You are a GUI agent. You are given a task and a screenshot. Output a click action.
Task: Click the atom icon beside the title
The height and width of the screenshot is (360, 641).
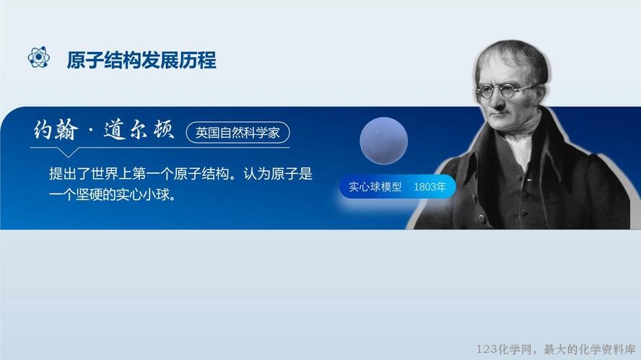tap(39, 58)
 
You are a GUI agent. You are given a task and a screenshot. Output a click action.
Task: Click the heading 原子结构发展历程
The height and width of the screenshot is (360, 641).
tap(141, 60)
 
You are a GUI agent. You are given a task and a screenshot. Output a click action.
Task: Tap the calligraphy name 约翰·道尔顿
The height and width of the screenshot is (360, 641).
tap(104, 130)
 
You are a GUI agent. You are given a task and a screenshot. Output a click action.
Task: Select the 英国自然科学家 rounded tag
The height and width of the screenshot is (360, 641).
tap(237, 133)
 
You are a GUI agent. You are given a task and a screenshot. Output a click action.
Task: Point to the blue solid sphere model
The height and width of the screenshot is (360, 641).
tap(383, 141)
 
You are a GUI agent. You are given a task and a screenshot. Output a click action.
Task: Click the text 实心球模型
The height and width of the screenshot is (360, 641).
tap(375, 187)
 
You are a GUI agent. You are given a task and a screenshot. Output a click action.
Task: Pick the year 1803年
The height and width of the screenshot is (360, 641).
tap(429, 187)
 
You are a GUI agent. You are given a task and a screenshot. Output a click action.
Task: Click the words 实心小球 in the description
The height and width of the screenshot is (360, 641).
tap(142, 195)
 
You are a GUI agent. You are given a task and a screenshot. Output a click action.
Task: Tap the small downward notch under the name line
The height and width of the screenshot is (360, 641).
tap(68, 152)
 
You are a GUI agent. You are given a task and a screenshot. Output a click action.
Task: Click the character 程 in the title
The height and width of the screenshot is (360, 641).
tap(207, 60)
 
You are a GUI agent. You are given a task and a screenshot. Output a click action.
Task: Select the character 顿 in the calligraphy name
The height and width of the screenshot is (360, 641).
tap(164, 130)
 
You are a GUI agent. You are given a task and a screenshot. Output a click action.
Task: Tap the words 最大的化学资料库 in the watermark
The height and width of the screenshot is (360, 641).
tap(590, 349)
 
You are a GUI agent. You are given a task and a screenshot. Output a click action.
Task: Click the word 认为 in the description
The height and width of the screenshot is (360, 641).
tap(257, 174)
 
